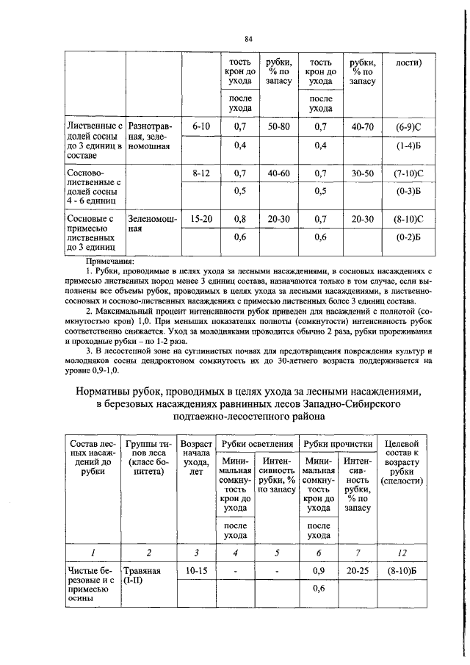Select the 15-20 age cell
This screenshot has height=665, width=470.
(x=201, y=219)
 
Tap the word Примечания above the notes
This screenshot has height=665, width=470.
(x=111, y=261)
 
